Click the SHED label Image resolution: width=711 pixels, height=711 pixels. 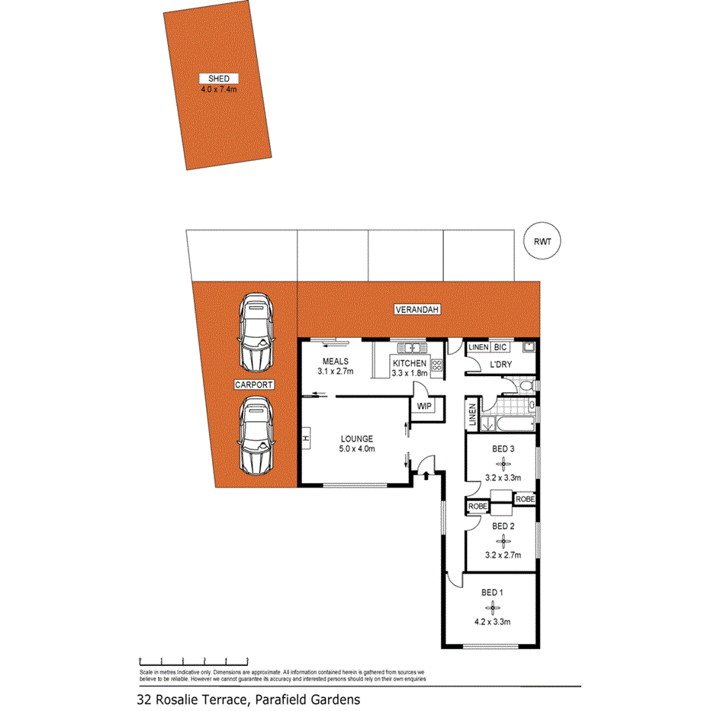point(219,79)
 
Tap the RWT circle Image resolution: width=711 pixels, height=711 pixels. point(542,243)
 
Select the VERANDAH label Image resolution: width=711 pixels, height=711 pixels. point(417,310)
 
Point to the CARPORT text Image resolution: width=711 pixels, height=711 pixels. point(255,385)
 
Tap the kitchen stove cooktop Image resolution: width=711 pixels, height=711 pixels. point(437,365)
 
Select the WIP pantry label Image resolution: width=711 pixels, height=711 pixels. point(423,406)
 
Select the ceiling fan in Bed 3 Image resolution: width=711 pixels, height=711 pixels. point(502,462)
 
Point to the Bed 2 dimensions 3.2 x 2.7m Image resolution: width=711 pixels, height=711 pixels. point(503,555)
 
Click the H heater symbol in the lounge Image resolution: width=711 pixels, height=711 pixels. point(305,439)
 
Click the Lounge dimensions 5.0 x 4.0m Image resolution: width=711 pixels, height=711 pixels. point(357,449)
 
